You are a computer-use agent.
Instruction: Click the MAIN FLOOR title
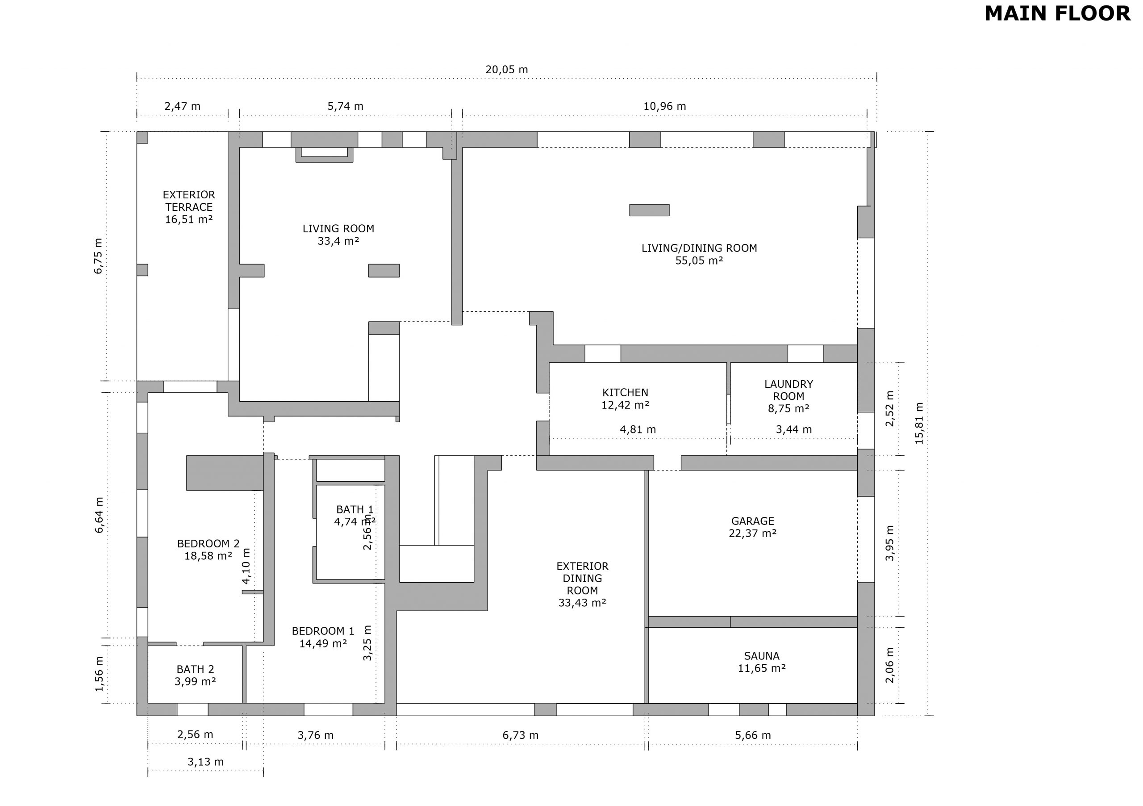pos(1057,13)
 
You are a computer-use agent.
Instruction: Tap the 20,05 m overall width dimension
pos(507,70)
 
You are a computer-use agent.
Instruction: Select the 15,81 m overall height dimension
pos(919,424)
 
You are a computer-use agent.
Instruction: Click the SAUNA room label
pos(762,656)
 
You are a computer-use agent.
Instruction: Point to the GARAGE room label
pos(753,521)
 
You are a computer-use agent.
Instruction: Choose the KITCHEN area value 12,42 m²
pos(625,405)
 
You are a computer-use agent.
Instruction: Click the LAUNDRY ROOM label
pos(788,390)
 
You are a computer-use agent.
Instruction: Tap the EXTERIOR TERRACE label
pos(189,201)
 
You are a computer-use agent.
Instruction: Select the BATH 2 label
pos(195,670)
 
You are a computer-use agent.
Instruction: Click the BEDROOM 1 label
pos(323,631)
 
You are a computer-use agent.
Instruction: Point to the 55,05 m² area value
pos(699,260)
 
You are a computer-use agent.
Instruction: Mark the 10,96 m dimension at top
pos(665,106)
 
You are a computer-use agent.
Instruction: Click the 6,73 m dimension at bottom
pos(520,735)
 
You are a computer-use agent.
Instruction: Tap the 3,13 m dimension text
pos(205,762)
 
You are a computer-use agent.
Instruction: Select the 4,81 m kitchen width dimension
pos(638,429)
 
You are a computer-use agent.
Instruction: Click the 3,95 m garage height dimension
pos(889,543)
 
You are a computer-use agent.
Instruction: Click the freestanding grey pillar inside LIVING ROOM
pos(384,270)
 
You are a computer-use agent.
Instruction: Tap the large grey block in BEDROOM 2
pos(225,473)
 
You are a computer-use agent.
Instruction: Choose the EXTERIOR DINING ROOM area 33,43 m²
pos(583,603)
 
